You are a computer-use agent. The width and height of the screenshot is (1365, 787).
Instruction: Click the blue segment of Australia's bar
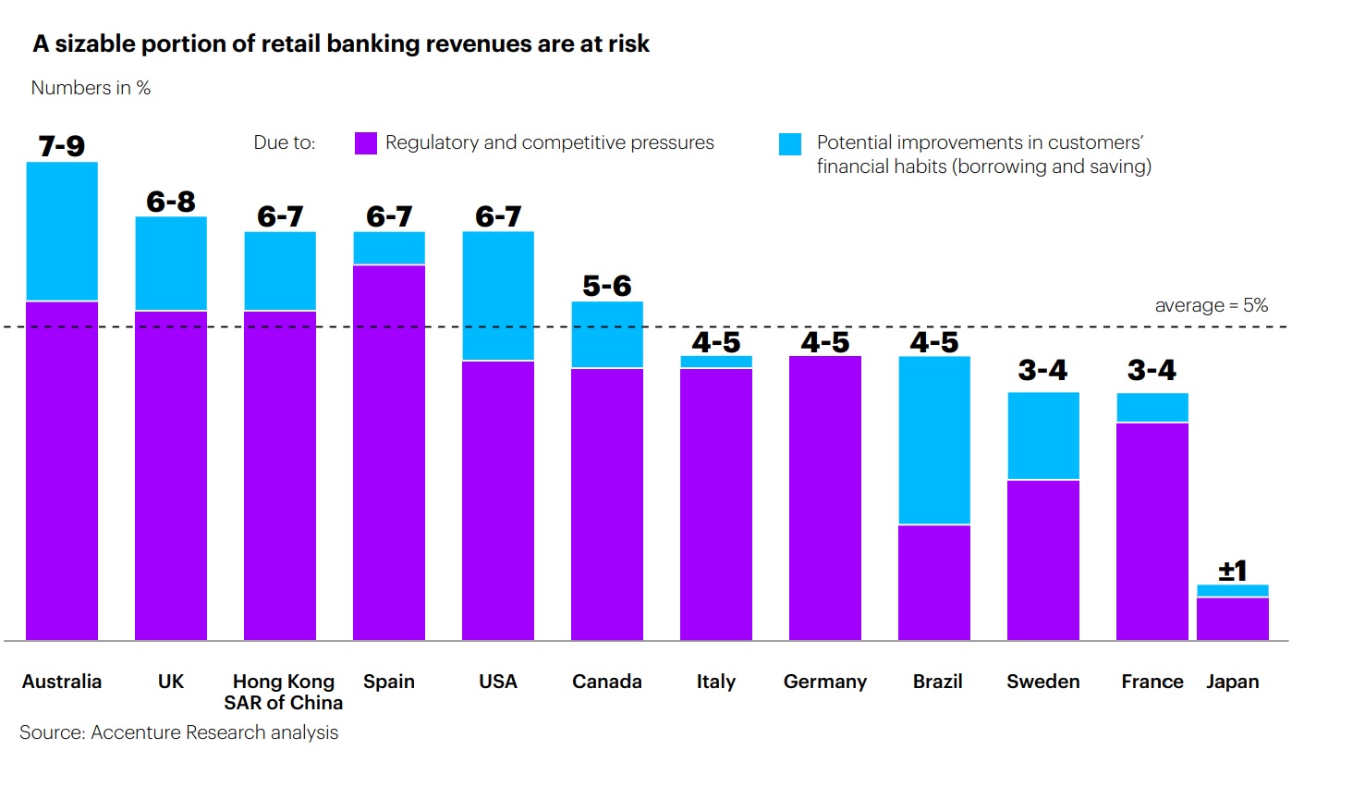(x=62, y=231)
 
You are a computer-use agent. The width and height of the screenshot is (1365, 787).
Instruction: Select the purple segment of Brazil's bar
(x=934, y=583)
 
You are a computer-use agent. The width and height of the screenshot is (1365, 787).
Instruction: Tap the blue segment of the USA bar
(x=498, y=296)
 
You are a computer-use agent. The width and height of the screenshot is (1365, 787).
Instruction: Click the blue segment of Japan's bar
(x=1233, y=591)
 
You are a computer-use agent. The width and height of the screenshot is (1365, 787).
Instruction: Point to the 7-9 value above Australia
(x=62, y=146)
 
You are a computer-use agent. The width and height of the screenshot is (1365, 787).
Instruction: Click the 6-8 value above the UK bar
(x=171, y=202)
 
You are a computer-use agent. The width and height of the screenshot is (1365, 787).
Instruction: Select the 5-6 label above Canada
(x=607, y=286)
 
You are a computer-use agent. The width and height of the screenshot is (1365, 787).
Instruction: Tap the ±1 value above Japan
(x=1233, y=571)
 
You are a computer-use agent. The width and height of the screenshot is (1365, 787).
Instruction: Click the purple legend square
(x=366, y=143)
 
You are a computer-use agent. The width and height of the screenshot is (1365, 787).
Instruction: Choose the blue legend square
(x=790, y=144)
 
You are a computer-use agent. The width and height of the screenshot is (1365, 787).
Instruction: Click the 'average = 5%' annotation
(x=1211, y=305)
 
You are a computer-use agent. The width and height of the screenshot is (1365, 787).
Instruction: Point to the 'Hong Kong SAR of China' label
(x=284, y=692)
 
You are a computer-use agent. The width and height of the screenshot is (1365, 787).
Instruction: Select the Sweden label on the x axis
(x=1043, y=682)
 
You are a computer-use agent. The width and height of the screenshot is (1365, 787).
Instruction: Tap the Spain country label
(x=389, y=682)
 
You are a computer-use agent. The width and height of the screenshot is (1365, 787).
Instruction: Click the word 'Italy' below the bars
(x=716, y=682)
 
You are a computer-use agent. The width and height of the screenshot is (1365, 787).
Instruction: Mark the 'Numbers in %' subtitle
(x=91, y=88)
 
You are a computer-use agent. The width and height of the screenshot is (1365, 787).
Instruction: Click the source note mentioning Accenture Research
(x=179, y=732)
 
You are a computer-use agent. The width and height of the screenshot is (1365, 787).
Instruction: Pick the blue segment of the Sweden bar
(x=1043, y=436)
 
